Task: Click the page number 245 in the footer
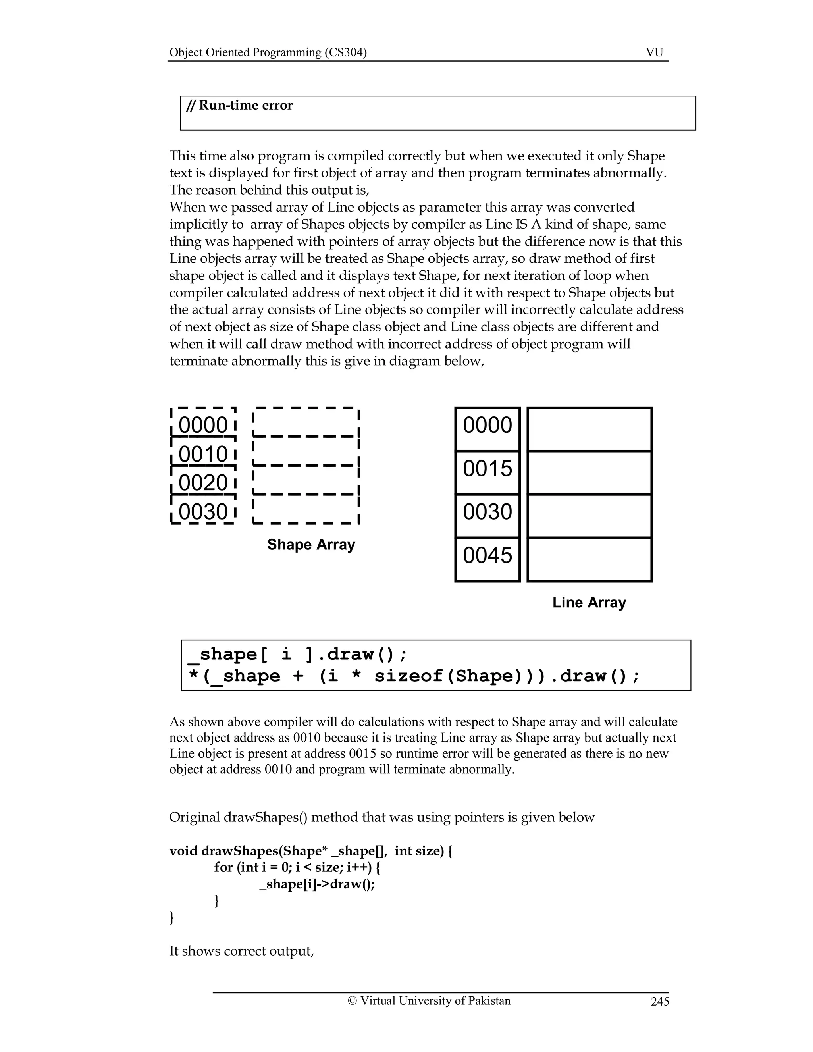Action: [660, 1002]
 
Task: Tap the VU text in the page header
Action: [654, 52]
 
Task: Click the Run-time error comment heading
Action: [239, 106]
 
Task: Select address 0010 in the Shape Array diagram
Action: [203, 454]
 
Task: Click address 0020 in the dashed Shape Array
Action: [203, 483]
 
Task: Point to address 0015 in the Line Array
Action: [487, 468]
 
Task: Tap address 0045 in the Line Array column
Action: [487, 555]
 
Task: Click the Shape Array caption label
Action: [311, 545]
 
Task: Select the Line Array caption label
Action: [589, 603]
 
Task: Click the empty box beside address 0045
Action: [590, 560]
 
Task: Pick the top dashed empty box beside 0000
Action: [306, 422]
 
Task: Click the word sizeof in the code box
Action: [408, 676]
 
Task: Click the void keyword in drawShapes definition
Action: [183, 851]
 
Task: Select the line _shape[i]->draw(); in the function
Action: [317, 884]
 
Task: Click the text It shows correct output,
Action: [241, 951]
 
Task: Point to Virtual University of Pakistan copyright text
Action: [429, 1001]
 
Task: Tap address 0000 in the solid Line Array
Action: [487, 425]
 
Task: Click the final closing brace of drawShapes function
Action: [171, 917]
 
